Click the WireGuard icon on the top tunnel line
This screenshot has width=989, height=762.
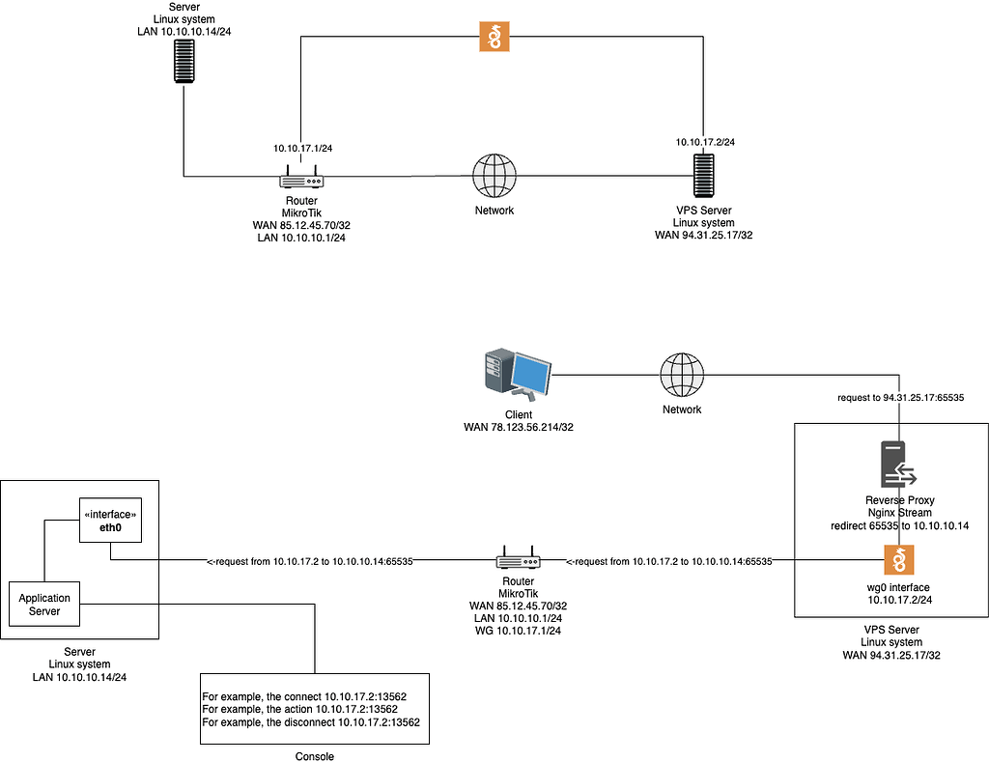[494, 37]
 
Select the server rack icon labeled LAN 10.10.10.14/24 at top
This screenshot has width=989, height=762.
[184, 59]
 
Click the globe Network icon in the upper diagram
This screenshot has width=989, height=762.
[494, 176]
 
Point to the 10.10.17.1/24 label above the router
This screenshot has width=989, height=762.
[303, 148]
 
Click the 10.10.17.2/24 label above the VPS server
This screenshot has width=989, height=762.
[705, 142]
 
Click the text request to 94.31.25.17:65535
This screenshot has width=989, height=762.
[900, 397]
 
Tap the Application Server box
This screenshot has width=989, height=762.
[44, 605]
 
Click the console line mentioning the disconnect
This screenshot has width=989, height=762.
[315, 722]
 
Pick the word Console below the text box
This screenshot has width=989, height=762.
[315, 756]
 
